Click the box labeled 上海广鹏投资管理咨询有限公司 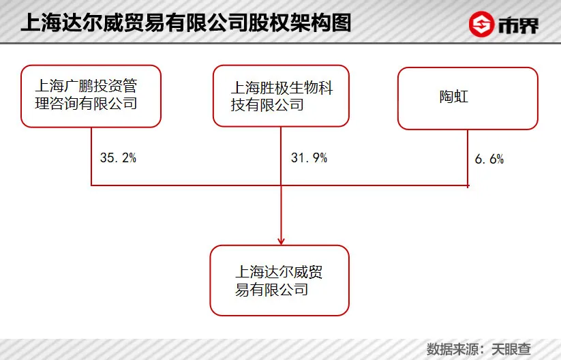coord(91,96)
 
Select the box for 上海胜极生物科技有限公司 coord(280,96)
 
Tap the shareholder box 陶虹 coord(468,98)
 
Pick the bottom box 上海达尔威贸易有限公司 coord(279,280)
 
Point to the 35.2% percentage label coord(118,158)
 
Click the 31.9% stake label coord(309,158)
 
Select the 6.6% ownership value coord(489,160)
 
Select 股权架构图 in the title coord(307,24)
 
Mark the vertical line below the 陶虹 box coord(468,157)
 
